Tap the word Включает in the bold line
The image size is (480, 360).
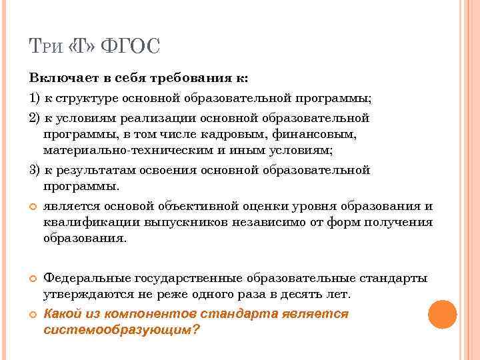point(59,78)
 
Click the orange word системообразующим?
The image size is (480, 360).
point(121,330)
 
